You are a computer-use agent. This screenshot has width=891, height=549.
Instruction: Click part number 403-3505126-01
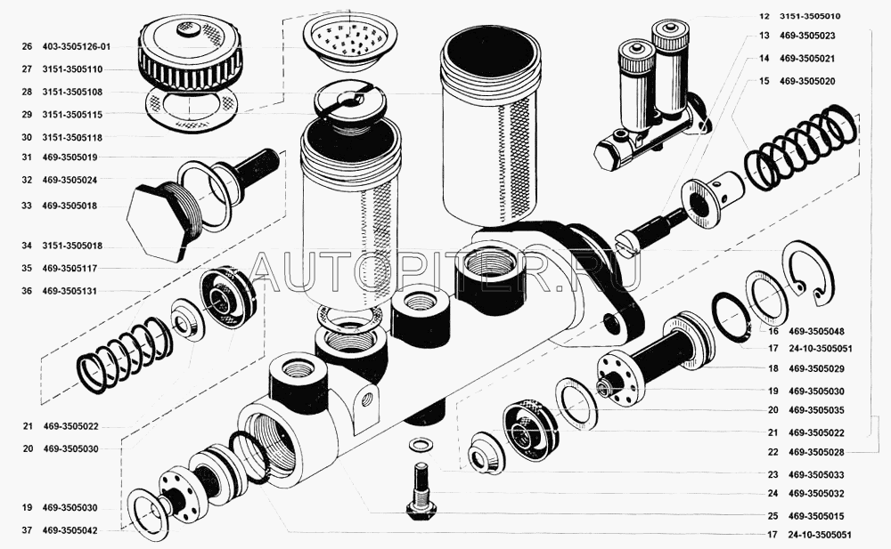coord(76,46)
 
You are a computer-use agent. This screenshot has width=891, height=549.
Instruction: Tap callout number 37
coord(27,530)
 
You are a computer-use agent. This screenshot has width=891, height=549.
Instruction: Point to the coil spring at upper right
coord(800,147)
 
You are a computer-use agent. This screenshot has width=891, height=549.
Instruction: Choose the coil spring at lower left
coord(123,357)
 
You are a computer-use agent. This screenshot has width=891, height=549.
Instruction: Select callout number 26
coord(27,46)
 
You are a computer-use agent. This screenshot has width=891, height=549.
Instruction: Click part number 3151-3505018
coord(72,246)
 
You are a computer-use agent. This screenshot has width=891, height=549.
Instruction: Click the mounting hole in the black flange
coord(612,324)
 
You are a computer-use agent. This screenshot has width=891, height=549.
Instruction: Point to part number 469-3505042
coord(69,530)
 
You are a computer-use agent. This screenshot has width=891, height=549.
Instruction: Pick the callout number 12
coord(764,16)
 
